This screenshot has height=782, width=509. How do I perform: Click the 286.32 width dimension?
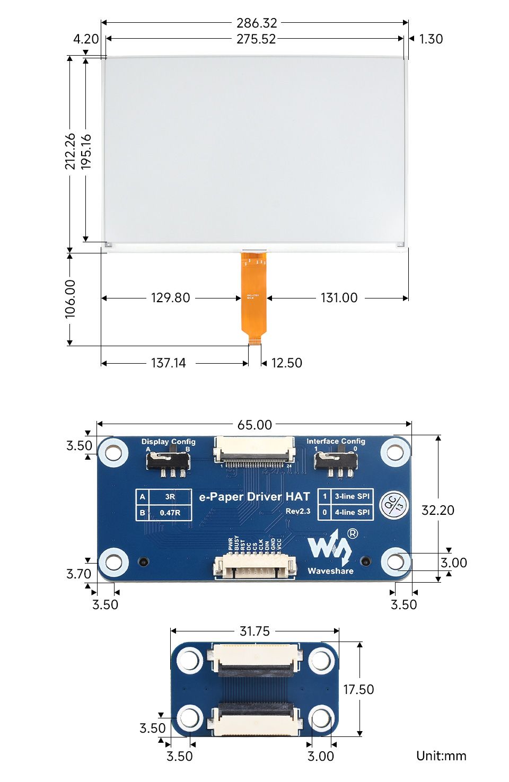pos(257,23)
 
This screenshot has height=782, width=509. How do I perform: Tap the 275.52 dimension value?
pos(256,39)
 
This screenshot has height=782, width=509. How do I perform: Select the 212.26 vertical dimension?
pos(70,152)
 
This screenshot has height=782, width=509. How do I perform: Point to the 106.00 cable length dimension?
pos(70,299)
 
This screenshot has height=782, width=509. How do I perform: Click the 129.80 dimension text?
pos(170,298)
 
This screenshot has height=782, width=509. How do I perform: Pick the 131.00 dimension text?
pos(339,298)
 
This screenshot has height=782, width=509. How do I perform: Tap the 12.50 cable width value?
pos(286,363)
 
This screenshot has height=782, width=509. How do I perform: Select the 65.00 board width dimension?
pos(254,425)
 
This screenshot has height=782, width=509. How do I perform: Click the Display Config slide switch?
pos(168,461)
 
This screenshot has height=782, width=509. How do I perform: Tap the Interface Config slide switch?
pos(336,460)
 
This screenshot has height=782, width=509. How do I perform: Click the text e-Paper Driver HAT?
pos(254,497)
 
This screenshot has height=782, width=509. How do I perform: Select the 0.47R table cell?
pos(170,513)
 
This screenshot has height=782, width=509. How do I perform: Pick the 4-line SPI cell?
pos(352,512)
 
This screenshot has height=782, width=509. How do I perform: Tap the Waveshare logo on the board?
pos(330,551)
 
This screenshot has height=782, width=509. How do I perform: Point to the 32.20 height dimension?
pos(437,510)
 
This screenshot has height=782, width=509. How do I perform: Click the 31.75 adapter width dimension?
pos(254,631)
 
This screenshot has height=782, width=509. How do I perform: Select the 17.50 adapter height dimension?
pos(358,689)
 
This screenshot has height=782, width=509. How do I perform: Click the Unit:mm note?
pos(441,755)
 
